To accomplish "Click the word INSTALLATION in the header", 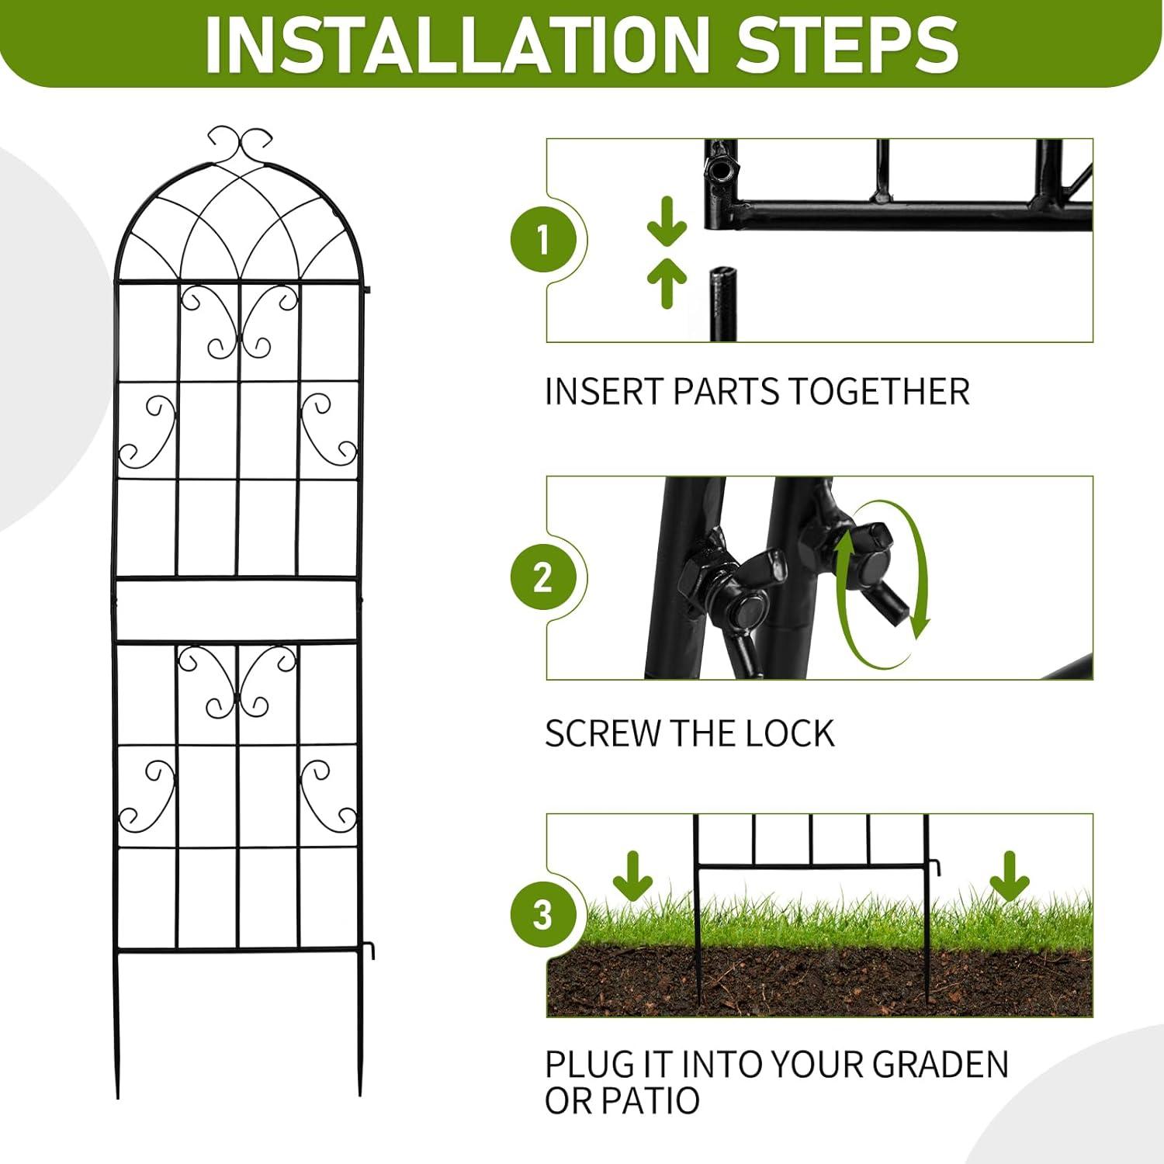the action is point(457,43).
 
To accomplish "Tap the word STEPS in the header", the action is point(847,43).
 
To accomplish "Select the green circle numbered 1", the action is point(543,239).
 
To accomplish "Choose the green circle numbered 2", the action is point(543,577).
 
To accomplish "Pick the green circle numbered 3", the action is point(543,915).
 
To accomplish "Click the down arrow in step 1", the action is point(667,222).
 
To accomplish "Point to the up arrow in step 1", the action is point(667,283).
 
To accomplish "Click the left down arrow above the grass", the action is point(632,875).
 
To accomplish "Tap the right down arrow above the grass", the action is point(1010,875).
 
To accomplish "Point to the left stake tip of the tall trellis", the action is point(118,1096).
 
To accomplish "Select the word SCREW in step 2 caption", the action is point(601,733).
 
